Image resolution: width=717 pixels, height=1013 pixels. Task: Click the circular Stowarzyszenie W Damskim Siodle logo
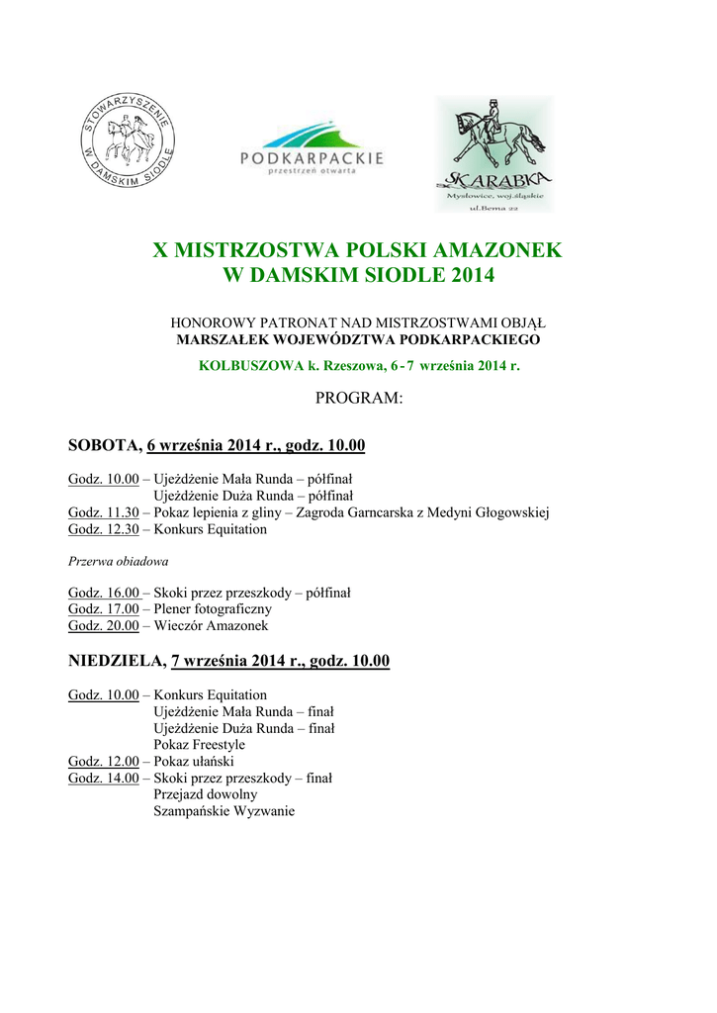tap(127, 141)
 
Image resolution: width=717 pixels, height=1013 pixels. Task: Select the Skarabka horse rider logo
tap(494, 153)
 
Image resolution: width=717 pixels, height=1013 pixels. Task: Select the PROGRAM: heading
tap(358, 399)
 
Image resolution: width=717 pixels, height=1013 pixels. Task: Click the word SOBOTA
tap(103, 446)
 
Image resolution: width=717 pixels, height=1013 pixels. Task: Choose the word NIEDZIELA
tap(115, 661)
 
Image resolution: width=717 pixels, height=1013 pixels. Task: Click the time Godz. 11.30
tap(104, 512)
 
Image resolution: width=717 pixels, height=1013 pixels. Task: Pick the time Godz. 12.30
tap(104, 529)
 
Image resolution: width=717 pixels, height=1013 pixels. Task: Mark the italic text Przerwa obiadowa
tap(111, 561)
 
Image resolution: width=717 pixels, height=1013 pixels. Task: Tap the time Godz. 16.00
tap(104, 593)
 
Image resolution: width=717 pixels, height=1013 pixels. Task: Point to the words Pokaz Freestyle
tap(199, 744)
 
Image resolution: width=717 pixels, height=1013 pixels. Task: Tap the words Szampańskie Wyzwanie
tap(224, 811)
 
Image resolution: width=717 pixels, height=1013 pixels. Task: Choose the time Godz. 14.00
tap(104, 778)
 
